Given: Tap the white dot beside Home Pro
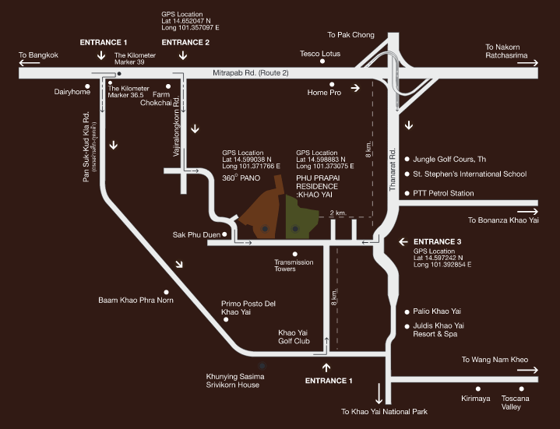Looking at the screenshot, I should coord(332,84).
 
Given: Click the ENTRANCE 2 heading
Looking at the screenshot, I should coord(185,42).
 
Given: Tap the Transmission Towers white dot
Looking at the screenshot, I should coord(294,252).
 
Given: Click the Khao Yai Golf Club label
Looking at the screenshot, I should coord(294,337).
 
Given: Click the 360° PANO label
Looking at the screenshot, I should coord(241,178).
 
